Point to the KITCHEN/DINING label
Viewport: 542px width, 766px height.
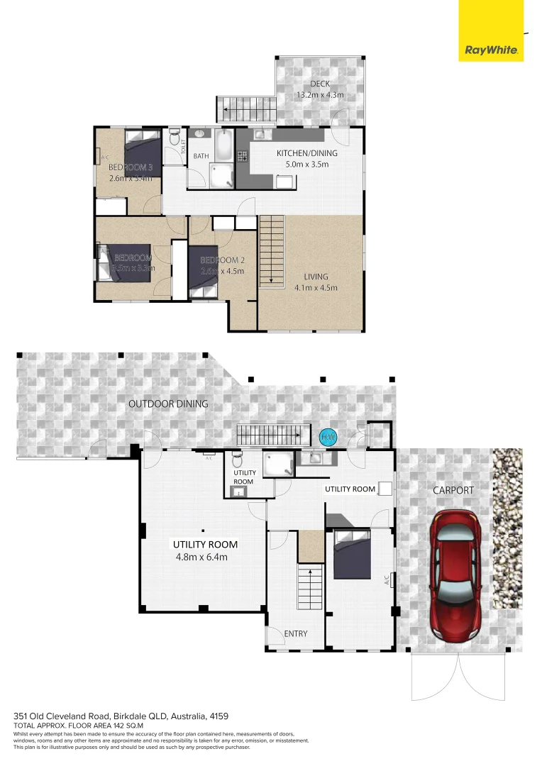[306, 153]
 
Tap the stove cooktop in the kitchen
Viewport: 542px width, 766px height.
[243, 157]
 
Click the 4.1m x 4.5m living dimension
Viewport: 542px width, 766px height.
[316, 288]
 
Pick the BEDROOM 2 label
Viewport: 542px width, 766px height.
[221, 260]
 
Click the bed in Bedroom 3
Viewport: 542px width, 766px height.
[143, 147]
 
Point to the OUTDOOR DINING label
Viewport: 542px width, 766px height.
[168, 404]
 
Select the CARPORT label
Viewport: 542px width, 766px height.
[454, 490]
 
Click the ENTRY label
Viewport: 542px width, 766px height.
[295, 633]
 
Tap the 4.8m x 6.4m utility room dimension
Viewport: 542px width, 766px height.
[201, 557]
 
